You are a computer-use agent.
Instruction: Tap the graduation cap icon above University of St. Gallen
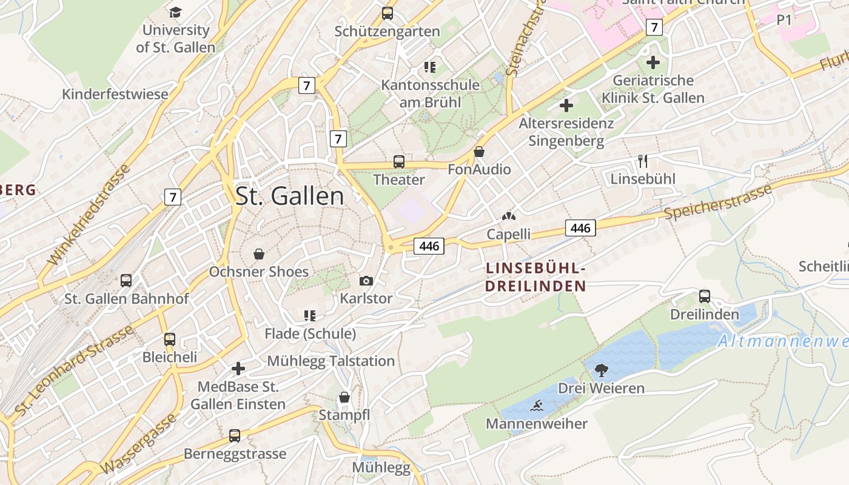(x=175, y=12)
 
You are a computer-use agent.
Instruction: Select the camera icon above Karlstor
(x=366, y=281)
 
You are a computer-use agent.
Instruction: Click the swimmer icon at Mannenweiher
(x=536, y=406)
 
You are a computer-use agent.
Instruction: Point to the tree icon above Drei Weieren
(x=602, y=370)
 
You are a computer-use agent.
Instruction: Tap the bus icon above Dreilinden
(x=705, y=296)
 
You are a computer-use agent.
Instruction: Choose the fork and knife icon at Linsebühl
(x=643, y=161)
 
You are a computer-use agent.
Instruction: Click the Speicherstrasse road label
(x=718, y=202)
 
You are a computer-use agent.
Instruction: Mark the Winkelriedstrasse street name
(x=89, y=215)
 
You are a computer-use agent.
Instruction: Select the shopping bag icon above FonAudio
(x=479, y=152)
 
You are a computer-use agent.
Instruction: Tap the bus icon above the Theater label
(x=398, y=162)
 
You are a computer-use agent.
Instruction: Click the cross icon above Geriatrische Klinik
(x=653, y=62)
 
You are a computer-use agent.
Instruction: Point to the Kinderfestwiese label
(x=115, y=95)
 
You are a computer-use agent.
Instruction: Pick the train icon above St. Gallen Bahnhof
(x=126, y=281)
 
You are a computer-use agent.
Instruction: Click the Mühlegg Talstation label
(x=331, y=361)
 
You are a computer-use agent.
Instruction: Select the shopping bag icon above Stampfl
(x=344, y=397)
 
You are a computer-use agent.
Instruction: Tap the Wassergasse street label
(x=139, y=444)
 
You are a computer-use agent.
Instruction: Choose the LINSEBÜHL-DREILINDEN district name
(x=536, y=276)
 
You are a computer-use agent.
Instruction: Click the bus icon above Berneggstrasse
(x=235, y=436)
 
